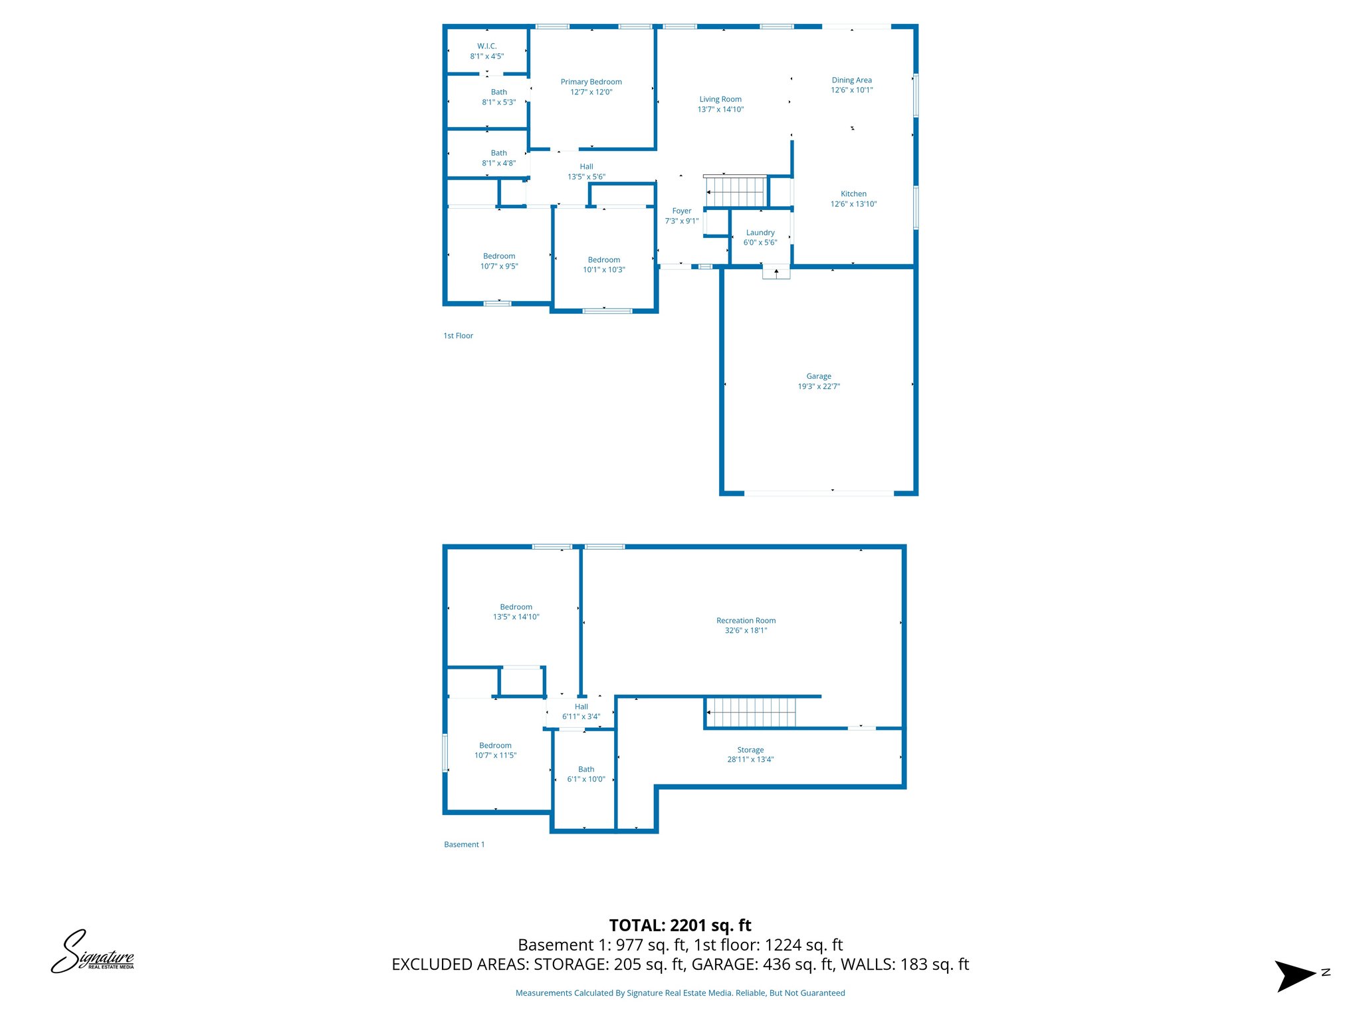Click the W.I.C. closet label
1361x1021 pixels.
(x=486, y=47)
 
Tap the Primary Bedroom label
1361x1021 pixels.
(x=591, y=82)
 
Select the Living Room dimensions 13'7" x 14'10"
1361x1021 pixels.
(x=720, y=110)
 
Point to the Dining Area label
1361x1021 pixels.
(x=851, y=80)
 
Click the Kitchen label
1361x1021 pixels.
(x=853, y=194)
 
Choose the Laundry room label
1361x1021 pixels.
(x=760, y=233)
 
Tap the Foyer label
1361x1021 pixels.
(x=682, y=211)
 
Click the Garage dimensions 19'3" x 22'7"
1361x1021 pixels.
(x=819, y=386)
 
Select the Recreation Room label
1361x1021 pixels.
(x=746, y=621)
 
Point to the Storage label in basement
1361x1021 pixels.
(x=750, y=750)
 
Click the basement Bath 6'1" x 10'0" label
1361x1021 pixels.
(x=586, y=774)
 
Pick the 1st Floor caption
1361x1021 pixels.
(x=459, y=336)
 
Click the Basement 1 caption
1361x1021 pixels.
(x=465, y=844)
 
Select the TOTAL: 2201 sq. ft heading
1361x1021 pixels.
(x=680, y=925)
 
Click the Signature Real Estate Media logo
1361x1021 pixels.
(x=93, y=952)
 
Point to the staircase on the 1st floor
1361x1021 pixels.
(x=736, y=192)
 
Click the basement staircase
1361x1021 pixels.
(x=750, y=713)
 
